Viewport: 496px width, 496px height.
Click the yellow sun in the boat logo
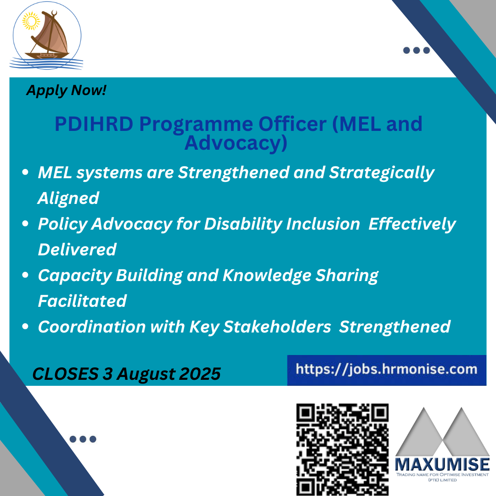[31, 21]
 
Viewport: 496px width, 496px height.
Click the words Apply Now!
[67, 90]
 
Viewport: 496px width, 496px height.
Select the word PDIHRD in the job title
[94, 124]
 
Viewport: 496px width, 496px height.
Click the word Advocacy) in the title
[236, 143]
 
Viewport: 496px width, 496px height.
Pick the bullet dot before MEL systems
[25, 172]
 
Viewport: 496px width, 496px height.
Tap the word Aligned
[68, 199]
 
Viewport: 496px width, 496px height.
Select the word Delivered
[77, 249]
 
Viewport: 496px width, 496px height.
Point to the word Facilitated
[82, 301]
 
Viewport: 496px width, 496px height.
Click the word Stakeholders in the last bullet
[277, 327]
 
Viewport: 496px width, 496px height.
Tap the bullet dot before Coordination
[25, 327]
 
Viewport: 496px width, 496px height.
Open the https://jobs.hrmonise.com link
[387, 369]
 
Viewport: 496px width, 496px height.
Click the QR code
[342, 450]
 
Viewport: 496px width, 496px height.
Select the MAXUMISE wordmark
[442, 464]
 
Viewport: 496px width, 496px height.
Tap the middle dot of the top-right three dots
[417, 51]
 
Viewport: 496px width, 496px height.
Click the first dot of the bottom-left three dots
[73, 439]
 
